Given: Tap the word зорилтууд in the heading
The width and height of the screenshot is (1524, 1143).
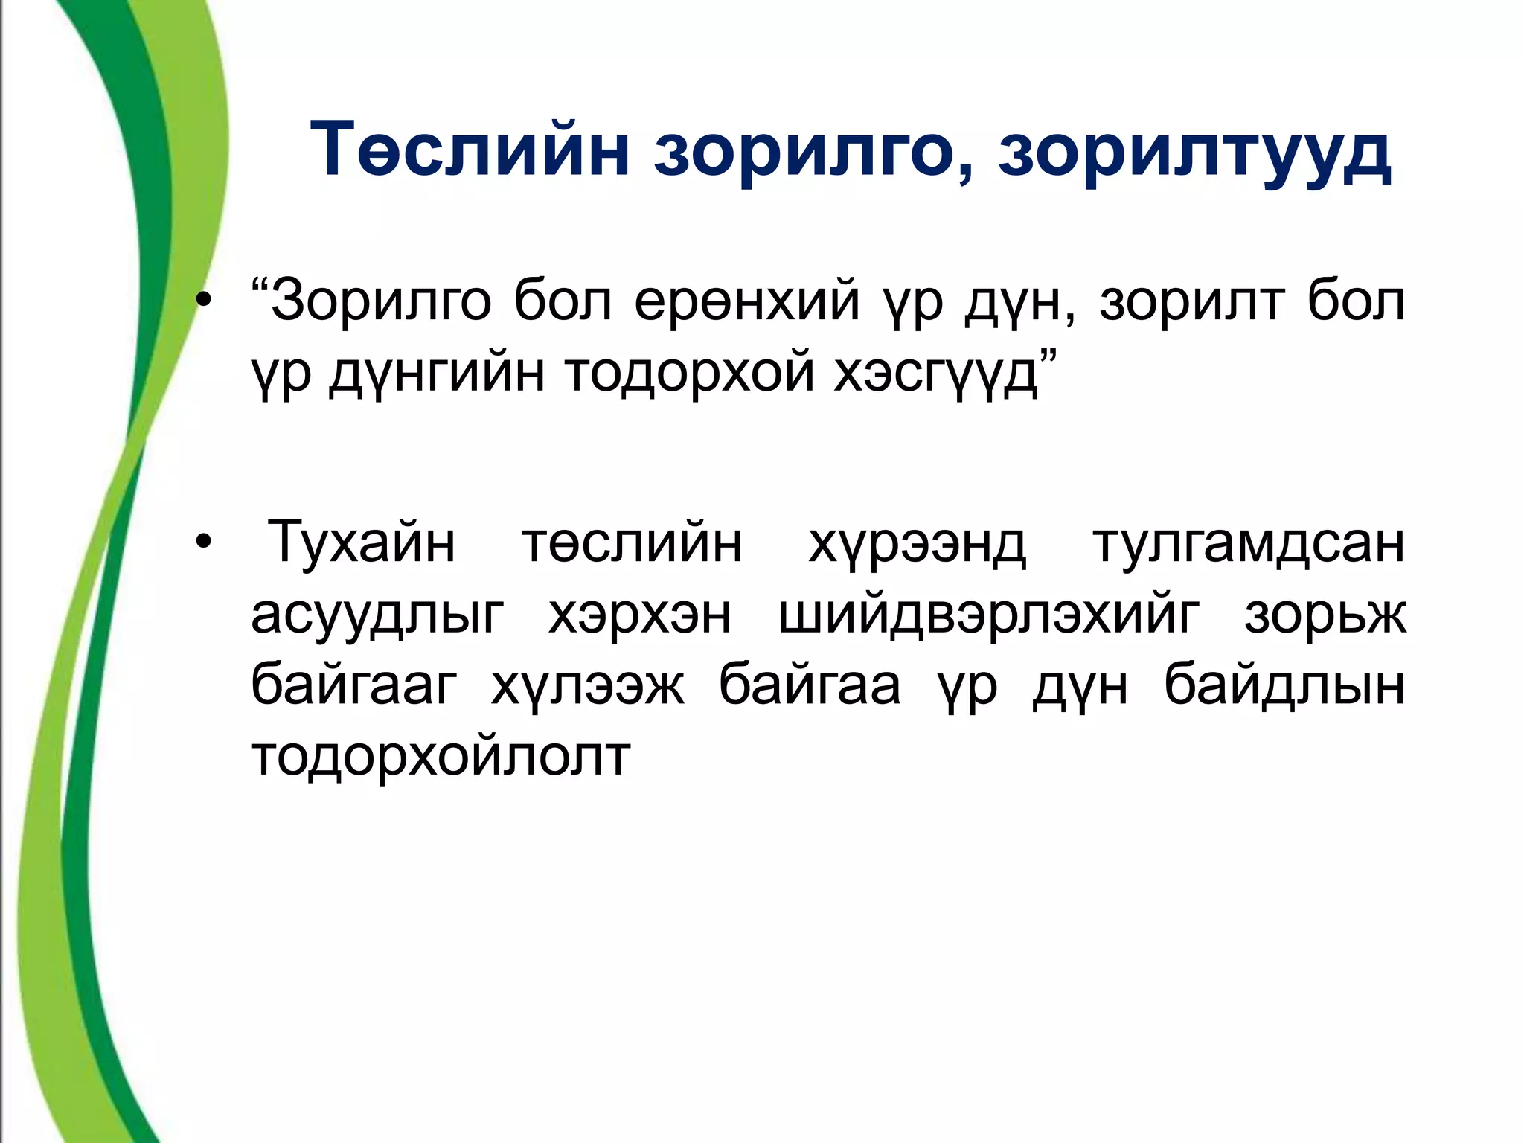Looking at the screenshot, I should tap(1194, 153).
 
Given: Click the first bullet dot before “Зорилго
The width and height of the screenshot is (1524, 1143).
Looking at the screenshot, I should tap(203, 301).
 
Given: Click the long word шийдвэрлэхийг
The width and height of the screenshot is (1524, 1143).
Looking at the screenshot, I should tap(988, 615).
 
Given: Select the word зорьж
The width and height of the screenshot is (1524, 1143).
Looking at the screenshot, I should tap(1325, 615).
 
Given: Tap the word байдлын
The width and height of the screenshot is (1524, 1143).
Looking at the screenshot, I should tap(1284, 685).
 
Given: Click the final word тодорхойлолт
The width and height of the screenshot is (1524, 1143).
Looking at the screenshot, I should tap(441, 756).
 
